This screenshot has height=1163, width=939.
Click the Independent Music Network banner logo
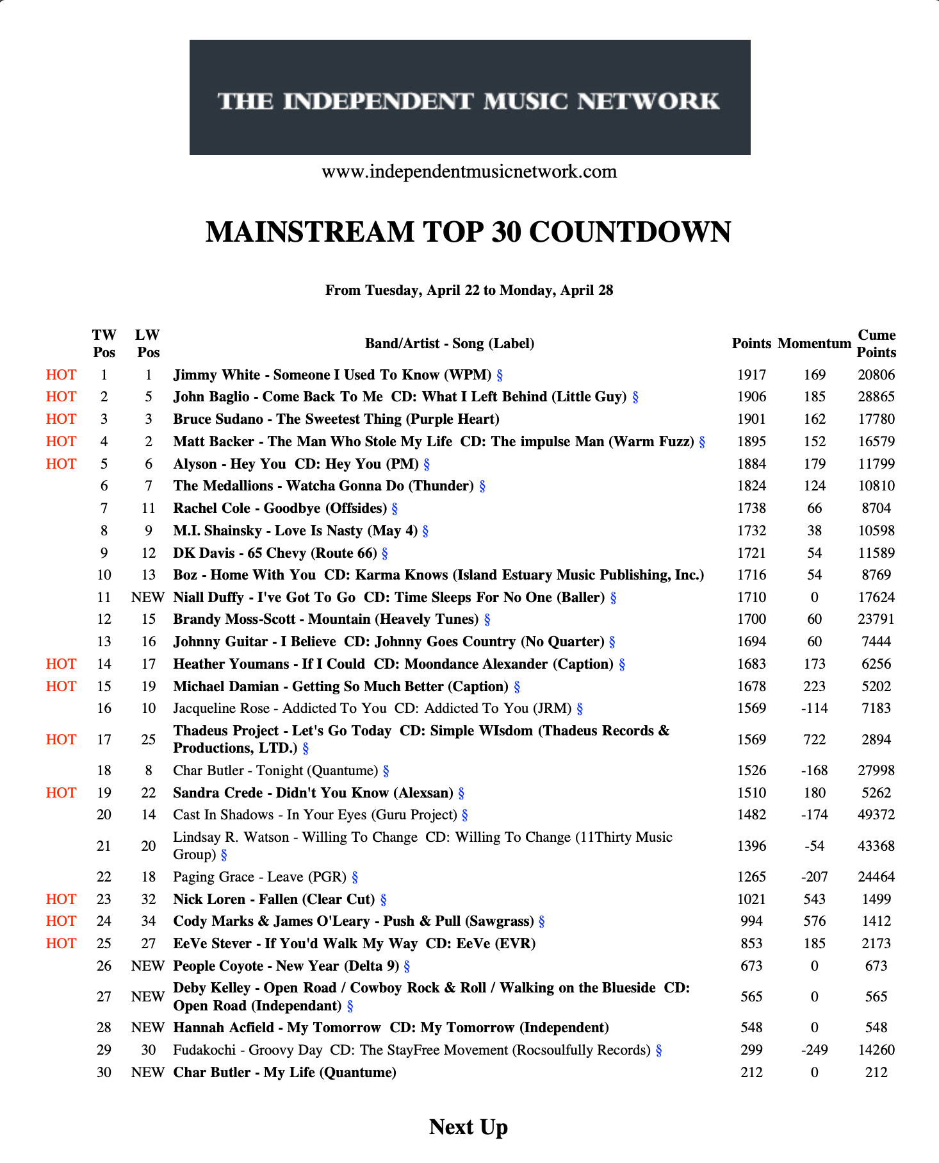pos(469,97)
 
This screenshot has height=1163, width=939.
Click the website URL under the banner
pos(469,172)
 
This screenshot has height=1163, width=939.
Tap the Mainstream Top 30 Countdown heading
pos(468,232)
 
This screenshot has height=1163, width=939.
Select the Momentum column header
pos(814,344)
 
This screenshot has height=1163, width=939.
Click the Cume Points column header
pos(876,344)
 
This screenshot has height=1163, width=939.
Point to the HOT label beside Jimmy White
pos(61,375)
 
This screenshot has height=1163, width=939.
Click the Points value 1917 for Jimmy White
pos(751,375)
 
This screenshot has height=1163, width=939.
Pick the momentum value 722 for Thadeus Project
pos(814,739)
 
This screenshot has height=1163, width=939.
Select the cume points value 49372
pos(876,815)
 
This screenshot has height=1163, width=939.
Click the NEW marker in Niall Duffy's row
pos(148,598)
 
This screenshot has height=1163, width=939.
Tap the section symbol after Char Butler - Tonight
pos(386,771)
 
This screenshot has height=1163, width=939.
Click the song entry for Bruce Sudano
pos(336,419)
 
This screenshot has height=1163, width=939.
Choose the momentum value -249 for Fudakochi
pos(814,1050)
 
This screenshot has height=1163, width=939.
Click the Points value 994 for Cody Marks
pos(751,921)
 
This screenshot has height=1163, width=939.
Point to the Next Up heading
pos(468,1127)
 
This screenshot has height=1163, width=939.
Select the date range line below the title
pos(469,290)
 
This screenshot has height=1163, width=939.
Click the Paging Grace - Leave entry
pos(259,877)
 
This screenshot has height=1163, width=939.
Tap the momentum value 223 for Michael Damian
pos(814,687)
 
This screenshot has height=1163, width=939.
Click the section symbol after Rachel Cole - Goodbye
pos(395,509)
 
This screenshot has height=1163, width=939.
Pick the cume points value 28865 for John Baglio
pos(876,397)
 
